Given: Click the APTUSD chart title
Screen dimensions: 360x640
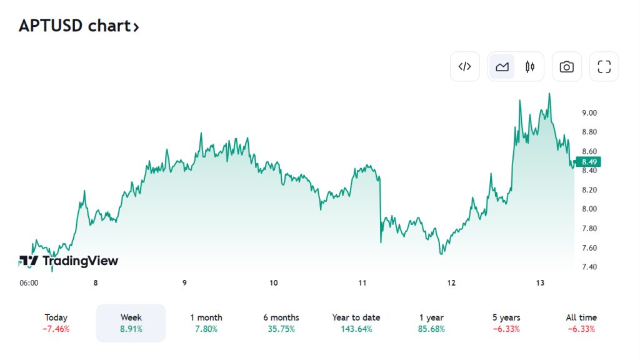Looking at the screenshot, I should [79, 26].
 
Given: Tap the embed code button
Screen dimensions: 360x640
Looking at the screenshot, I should [464, 67].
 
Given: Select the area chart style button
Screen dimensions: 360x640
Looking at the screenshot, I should [502, 67].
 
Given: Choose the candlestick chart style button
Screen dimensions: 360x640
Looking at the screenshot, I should [530, 67].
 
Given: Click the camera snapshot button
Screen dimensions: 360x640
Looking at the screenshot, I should [566, 67].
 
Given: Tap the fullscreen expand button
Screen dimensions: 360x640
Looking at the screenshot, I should [604, 67].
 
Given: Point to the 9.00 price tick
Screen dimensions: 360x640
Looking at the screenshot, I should [589, 113].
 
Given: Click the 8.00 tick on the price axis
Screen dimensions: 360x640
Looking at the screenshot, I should [589, 209].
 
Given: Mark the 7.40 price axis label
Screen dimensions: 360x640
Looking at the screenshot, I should [589, 267].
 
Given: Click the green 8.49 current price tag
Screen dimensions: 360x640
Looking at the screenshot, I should [589, 162].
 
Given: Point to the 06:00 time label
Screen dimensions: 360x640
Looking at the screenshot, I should [29, 283].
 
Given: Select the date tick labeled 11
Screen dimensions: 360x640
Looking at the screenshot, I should [362, 283].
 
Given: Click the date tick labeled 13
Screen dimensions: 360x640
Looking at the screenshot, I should [541, 283].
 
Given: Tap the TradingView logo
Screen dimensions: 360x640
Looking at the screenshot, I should [69, 261].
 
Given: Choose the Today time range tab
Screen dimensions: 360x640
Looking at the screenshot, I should [56, 322].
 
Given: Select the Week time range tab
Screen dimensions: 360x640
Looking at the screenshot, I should [131, 322].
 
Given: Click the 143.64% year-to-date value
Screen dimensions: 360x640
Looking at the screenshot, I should [356, 329].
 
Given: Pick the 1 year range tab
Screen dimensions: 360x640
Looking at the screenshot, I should [431, 322].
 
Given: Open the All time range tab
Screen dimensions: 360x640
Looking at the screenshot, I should [581, 322].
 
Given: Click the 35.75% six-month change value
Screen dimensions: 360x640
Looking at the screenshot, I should [281, 329].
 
